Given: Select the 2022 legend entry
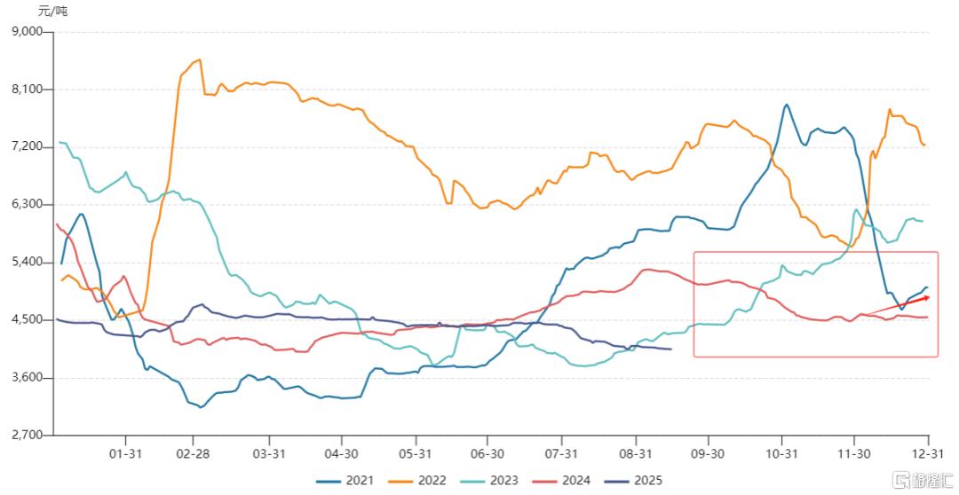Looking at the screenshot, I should (421, 480).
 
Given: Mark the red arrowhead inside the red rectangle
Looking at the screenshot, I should (925, 298).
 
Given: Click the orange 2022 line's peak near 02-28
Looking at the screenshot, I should (199, 59).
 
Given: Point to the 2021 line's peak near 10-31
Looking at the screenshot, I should (786, 105).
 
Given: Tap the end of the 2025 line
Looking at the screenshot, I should (670, 349).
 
